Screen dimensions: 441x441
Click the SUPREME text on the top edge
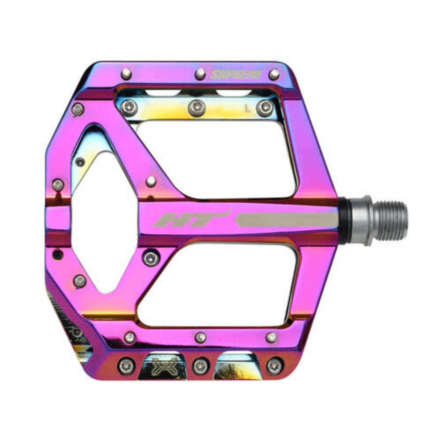pyautogui.click(x=237, y=75)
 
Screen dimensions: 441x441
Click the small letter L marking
pyautogui.click(x=248, y=109)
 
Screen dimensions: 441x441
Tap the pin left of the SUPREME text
pyautogui.click(x=200, y=74)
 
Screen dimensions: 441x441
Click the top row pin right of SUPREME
pyautogui.click(x=274, y=74)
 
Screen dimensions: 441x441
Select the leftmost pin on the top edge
pyautogui.click(x=126, y=74)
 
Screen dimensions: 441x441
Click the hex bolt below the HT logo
pyautogui.click(x=151, y=258)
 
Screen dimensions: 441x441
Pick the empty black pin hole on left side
pyautogui.click(x=58, y=255)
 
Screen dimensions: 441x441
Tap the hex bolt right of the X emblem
pyautogui.click(x=200, y=366)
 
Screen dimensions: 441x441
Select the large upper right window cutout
pyautogui.click(x=216, y=157)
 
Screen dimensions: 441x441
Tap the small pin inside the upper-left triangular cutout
pyautogui.click(x=80, y=162)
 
